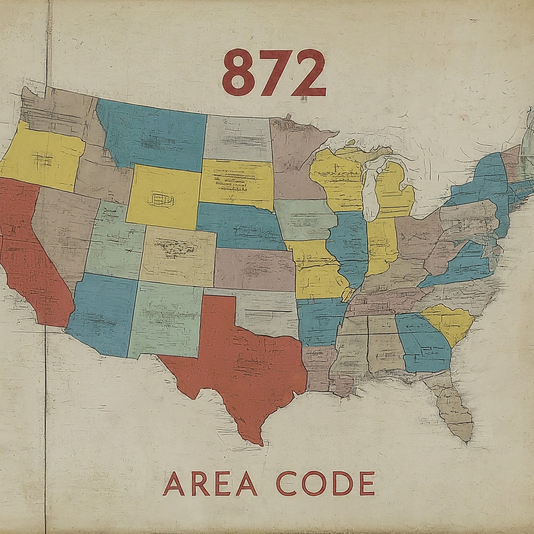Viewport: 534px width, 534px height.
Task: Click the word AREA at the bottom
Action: [210, 484]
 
